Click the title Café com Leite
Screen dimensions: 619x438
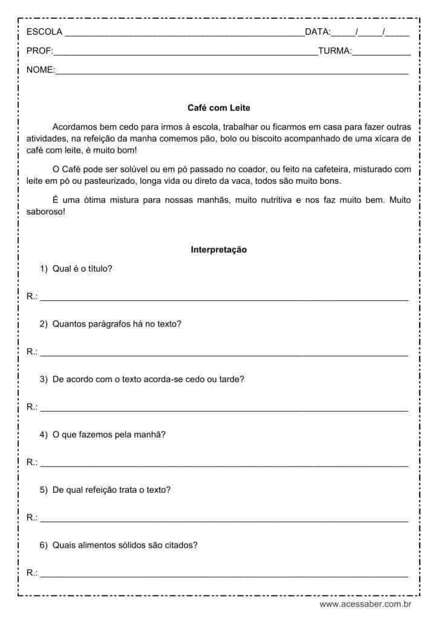[x=218, y=108]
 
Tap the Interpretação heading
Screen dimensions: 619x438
[x=218, y=249]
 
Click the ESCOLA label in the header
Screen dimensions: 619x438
[x=44, y=32]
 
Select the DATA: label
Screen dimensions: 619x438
[x=318, y=32]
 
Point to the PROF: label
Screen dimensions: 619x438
[x=40, y=51]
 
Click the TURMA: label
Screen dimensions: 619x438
[x=335, y=51]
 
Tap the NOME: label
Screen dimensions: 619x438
[x=41, y=70]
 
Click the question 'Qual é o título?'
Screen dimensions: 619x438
[x=82, y=268]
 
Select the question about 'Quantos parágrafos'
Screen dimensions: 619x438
[x=117, y=323]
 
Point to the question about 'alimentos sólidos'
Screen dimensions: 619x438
[x=125, y=545]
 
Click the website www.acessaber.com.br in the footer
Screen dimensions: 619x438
[x=365, y=604]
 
